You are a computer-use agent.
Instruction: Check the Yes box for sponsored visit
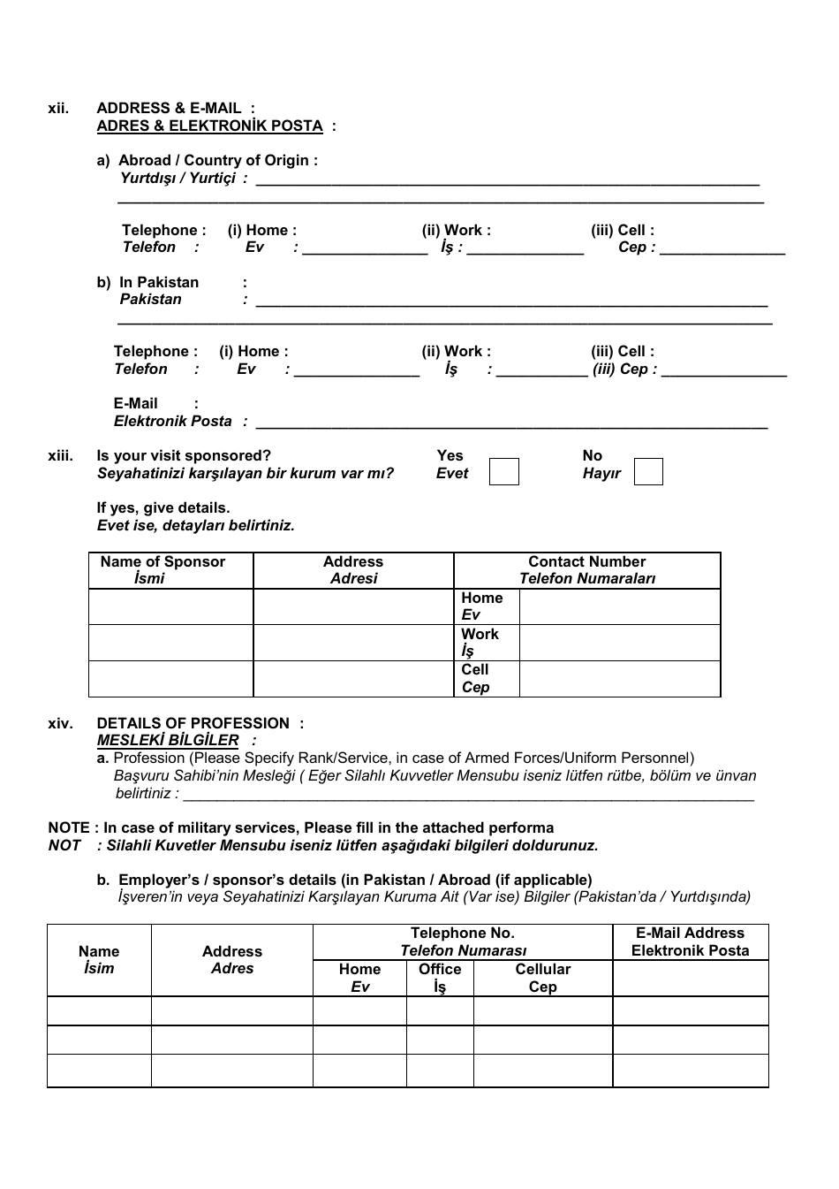coord(504,471)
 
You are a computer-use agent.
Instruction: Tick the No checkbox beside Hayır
coord(648,471)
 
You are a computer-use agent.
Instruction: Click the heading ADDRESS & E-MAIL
coord(169,108)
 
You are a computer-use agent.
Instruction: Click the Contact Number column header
coord(586,570)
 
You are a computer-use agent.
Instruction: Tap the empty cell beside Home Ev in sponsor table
coord(620,606)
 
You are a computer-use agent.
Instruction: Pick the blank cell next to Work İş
coord(620,643)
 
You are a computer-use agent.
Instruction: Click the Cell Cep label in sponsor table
coord(475,678)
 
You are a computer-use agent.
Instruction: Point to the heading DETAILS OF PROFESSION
coord(193,723)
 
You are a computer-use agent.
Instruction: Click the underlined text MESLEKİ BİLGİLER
coord(168,740)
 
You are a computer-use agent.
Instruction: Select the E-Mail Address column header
coord(690,941)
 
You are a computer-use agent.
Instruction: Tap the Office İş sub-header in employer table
coord(440,978)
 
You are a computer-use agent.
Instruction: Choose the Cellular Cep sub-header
coord(542,978)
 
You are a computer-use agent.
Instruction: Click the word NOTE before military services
coord(69,827)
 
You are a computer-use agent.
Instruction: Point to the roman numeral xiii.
coord(60,456)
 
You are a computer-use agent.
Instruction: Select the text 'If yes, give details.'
coord(163,507)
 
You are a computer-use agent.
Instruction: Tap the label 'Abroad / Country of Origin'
coord(217,160)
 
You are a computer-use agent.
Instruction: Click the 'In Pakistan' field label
coord(159,282)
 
